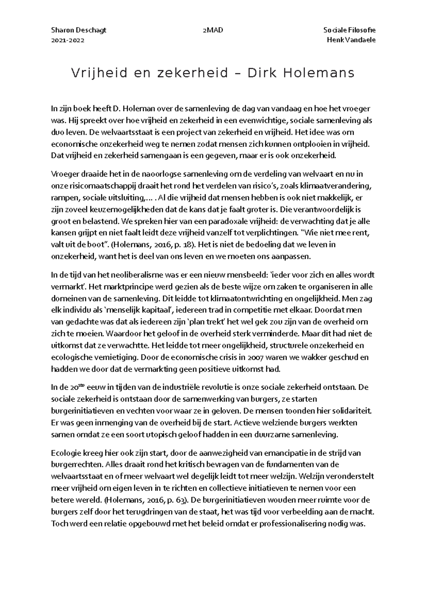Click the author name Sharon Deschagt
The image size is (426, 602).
(x=78, y=30)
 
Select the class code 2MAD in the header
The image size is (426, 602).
(x=212, y=30)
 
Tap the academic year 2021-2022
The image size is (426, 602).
(x=68, y=40)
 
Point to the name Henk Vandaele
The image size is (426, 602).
(x=351, y=40)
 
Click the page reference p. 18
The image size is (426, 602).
(x=183, y=244)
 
